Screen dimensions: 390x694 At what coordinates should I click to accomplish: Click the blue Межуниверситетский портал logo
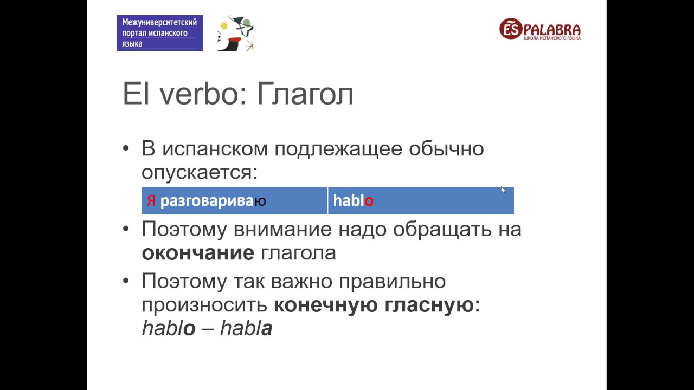[159, 33]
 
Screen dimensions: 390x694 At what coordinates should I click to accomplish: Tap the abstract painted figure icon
[235, 34]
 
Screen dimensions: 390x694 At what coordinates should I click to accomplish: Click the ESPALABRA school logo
[539, 29]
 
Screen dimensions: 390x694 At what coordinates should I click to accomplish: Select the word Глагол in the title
[305, 94]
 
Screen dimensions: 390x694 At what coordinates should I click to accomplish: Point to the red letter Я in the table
[151, 201]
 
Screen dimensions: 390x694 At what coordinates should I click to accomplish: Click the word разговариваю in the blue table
[213, 201]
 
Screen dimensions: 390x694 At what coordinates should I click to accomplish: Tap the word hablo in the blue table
[353, 201]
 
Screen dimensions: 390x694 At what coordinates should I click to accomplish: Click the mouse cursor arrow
[503, 190]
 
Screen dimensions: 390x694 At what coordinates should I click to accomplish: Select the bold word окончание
[198, 253]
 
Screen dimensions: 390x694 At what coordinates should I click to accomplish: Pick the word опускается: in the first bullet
[200, 172]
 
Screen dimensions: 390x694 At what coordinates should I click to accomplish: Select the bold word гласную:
[433, 305]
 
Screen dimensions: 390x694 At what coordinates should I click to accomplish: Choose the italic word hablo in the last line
[168, 328]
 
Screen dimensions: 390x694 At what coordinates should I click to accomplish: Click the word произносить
[204, 305]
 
